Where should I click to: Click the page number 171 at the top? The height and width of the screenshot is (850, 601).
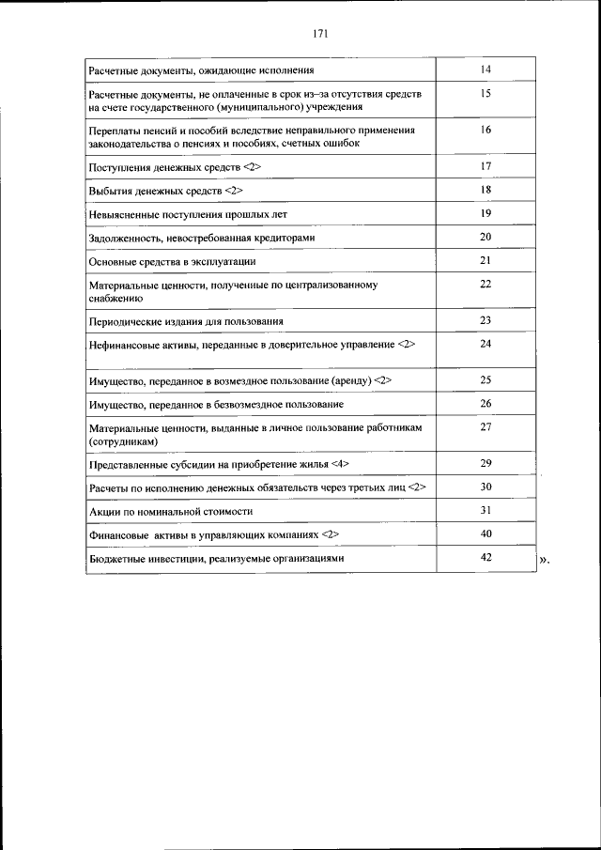pos(319,34)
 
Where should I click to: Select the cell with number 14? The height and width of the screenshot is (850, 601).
pos(485,70)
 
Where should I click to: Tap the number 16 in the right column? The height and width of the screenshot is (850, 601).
pos(485,130)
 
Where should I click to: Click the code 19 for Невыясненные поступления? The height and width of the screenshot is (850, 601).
pos(485,213)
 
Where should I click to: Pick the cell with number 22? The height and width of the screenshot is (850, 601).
pos(485,284)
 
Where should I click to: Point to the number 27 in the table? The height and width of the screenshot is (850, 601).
pos(485,426)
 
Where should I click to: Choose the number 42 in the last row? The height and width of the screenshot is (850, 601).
pos(485,557)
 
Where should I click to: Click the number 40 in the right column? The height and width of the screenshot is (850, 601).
pos(485,533)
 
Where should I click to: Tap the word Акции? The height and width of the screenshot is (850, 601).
pos(103,512)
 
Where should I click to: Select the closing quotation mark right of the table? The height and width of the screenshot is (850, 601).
pos(545,562)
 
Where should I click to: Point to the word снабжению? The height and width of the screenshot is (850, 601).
pos(116,298)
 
